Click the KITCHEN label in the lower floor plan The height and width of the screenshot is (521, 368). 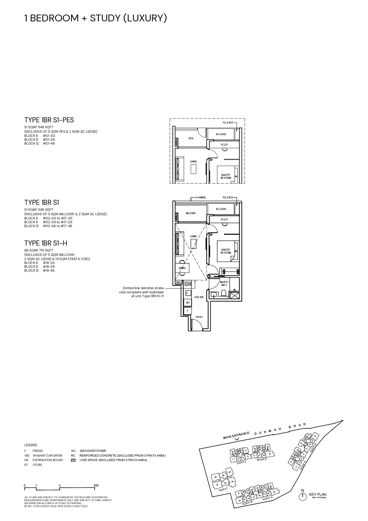tap(199, 297)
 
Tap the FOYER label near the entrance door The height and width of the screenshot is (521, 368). tap(199, 317)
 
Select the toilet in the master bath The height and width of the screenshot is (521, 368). tap(224, 293)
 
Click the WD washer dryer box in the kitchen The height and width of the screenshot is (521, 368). tap(188, 303)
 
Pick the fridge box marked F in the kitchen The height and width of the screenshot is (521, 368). tap(187, 311)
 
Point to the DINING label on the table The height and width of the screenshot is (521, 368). tap(182, 268)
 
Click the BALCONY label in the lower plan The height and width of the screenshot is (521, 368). tap(191, 213)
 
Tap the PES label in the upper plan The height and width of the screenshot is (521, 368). tap(191, 138)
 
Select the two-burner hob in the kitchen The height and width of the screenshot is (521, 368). tap(188, 284)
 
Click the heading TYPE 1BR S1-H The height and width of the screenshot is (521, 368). tap(46, 243)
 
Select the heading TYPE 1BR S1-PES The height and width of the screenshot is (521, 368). tap(49, 120)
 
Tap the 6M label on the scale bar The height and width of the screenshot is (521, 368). tap(96, 485)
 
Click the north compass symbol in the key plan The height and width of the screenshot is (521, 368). tap(302, 496)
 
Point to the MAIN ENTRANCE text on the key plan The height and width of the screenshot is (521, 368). tap(236, 436)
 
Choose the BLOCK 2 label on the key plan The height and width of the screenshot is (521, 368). tap(223, 489)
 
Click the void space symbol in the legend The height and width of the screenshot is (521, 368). tap(73, 460)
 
